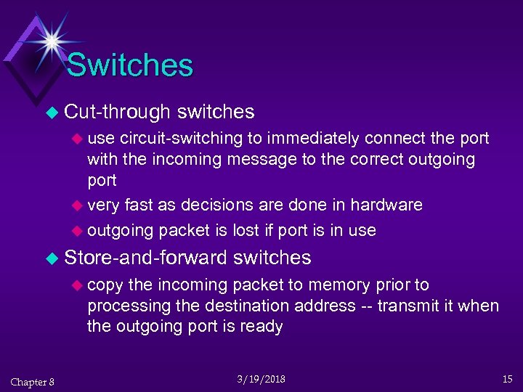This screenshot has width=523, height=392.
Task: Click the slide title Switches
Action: coord(130,65)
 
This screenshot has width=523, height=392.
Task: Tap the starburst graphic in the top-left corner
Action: coord(51,41)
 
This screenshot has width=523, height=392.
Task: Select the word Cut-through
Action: coord(117,112)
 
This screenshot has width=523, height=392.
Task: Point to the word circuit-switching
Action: coord(182,138)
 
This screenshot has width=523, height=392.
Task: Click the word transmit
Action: coord(405,306)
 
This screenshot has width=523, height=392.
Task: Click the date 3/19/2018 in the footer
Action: coord(261,380)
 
